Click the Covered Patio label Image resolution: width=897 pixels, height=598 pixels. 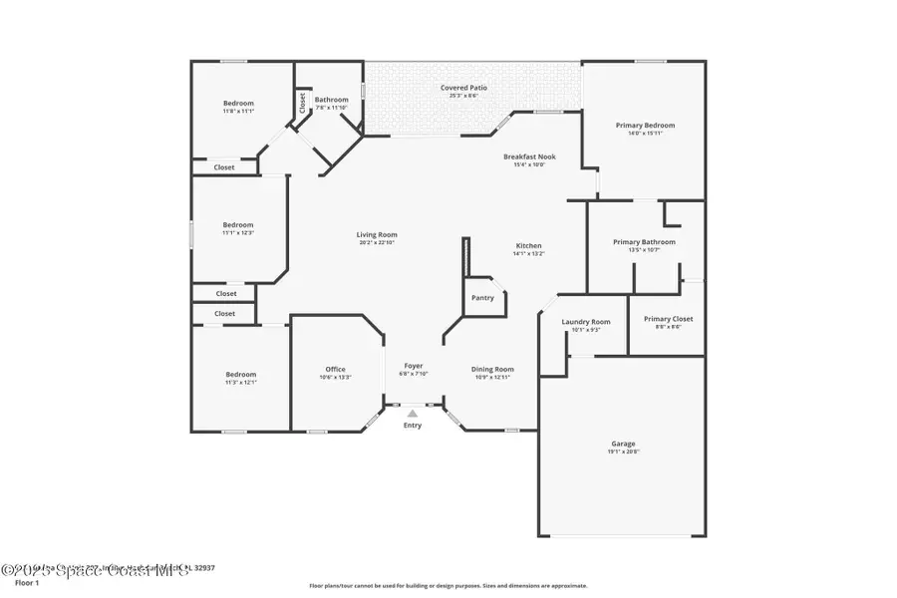[464, 88]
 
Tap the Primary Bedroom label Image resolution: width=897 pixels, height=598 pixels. [645, 126]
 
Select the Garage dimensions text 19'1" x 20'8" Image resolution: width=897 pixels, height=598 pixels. [623, 451]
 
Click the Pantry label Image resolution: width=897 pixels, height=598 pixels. [482, 297]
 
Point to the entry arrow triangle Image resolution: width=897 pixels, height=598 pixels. [413, 414]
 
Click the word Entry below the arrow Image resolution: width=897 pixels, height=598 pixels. [413, 426]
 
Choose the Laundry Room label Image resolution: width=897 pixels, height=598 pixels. [586, 322]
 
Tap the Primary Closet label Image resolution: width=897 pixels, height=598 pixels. [668, 319]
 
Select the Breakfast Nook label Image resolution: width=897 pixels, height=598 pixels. [529, 157]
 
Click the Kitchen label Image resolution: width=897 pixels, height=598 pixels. [528, 245]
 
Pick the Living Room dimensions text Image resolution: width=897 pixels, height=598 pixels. [377, 243]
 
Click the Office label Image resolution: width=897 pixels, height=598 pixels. [335, 369]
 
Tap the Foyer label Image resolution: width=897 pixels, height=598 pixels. [414, 366]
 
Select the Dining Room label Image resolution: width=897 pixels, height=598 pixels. [492, 370]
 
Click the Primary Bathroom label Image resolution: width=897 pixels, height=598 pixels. [644, 242]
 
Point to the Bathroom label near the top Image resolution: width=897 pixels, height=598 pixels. [332, 100]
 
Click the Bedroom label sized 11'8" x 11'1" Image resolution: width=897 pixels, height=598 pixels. [238, 104]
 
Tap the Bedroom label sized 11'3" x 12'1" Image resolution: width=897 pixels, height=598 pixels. [240, 374]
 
